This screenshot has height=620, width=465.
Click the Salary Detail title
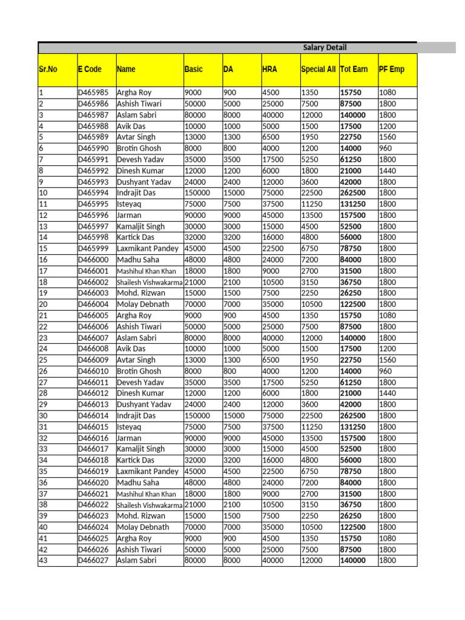pyautogui.click(x=325, y=48)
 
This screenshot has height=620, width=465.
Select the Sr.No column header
pyautogui.click(x=48, y=70)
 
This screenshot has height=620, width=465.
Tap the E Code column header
pyautogui.click(x=90, y=70)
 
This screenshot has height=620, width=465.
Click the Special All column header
pyautogui.click(x=318, y=70)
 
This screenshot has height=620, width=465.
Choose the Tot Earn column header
pyautogui.click(x=354, y=70)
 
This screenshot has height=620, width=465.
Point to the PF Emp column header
pyautogui.click(x=391, y=70)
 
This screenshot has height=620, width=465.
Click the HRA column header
pyautogui.click(x=269, y=70)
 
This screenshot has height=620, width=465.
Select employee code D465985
pyautogui.click(x=93, y=93)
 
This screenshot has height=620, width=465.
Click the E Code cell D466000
pyautogui.click(x=93, y=260)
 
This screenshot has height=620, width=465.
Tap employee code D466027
pyautogui.click(x=93, y=561)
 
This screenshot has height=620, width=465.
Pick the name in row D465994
pyautogui.click(x=136, y=193)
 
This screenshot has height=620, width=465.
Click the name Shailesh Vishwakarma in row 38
pyautogui.click(x=150, y=505)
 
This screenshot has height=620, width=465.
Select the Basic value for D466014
pyautogui.click(x=197, y=416)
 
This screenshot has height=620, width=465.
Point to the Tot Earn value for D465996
pyautogui.click(x=353, y=216)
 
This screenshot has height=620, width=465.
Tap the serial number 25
pyautogui.click(x=43, y=360)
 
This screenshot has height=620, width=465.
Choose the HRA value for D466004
pyautogui.click(x=273, y=305)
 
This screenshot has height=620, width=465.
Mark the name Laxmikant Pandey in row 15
pyautogui.click(x=148, y=249)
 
